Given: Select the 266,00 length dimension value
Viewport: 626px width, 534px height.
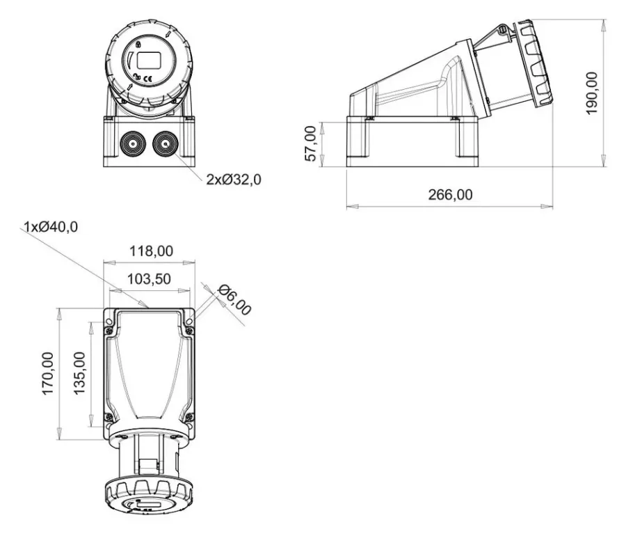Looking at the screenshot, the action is pyautogui.click(x=450, y=195).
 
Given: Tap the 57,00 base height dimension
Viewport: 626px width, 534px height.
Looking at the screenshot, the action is pyautogui.click(x=311, y=143).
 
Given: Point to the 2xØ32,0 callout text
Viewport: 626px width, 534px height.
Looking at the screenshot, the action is pyautogui.click(x=234, y=180).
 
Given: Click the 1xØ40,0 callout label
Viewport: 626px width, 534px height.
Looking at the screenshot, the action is pyautogui.click(x=51, y=227).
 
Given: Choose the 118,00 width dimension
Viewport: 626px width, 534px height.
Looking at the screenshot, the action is pyautogui.click(x=152, y=251).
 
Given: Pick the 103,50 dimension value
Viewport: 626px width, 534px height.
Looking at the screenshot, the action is pyautogui.click(x=149, y=278).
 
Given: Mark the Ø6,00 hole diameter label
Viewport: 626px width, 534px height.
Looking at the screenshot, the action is pyautogui.click(x=235, y=300).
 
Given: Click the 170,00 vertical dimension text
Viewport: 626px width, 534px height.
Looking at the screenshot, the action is pyautogui.click(x=47, y=374).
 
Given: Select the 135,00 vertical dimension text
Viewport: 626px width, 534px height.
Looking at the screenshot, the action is pyautogui.click(x=79, y=373).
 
